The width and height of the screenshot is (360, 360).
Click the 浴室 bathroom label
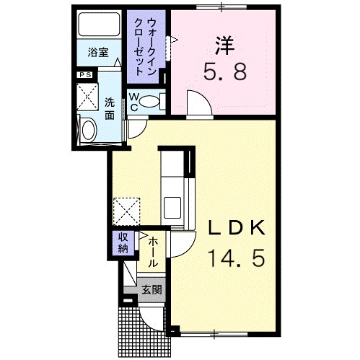tap(98, 53)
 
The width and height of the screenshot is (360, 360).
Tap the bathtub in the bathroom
tap(99, 24)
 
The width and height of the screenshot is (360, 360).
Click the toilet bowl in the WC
tap(149, 102)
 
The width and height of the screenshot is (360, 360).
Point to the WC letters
tap(134, 102)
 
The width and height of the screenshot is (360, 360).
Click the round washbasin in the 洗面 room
tap(88, 129)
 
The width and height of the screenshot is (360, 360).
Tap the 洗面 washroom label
tap(110, 110)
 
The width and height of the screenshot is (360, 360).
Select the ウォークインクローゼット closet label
tap(145, 47)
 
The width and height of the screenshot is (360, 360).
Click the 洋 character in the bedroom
tap(224, 45)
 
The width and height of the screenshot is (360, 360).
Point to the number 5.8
tap(225, 71)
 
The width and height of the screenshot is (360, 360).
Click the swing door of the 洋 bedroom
tap(199, 104)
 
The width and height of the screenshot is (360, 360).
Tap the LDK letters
tap(236, 228)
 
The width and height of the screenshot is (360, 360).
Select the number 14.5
tap(237, 258)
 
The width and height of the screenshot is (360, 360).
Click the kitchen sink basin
tap(172, 208)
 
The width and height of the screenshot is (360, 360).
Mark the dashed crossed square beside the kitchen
tap(126, 211)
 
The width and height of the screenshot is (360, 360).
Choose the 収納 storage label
tap(123, 243)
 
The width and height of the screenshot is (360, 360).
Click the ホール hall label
tap(153, 253)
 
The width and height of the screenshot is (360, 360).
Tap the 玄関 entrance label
tap(152, 289)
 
